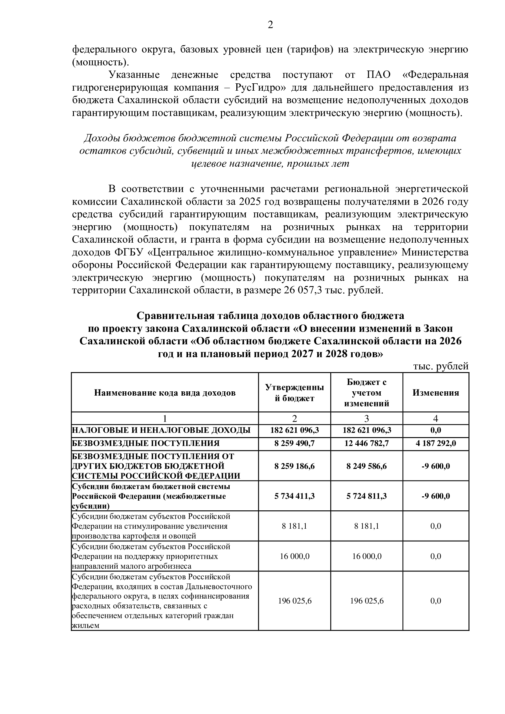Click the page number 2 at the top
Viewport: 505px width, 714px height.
click(270, 25)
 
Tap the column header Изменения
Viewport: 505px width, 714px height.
click(436, 393)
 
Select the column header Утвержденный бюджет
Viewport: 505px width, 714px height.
click(294, 393)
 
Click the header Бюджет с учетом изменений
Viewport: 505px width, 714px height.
click(367, 393)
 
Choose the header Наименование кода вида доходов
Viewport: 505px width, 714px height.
click(165, 393)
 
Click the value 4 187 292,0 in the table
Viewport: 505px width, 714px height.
click(436, 443)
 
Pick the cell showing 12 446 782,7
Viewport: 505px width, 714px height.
click(367, 443)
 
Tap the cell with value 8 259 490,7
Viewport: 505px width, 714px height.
click(294, 443)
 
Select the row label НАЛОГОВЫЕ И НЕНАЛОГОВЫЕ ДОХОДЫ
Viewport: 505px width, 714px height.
click(161, 430)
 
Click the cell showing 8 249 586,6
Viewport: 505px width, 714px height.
click(367, 466)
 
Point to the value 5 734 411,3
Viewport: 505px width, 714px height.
click(294, 496)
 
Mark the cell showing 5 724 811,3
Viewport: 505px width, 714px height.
click(367, 496)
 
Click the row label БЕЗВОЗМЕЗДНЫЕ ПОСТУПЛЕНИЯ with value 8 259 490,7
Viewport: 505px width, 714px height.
click(146, 443)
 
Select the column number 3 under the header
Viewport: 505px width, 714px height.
click(367, 419)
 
